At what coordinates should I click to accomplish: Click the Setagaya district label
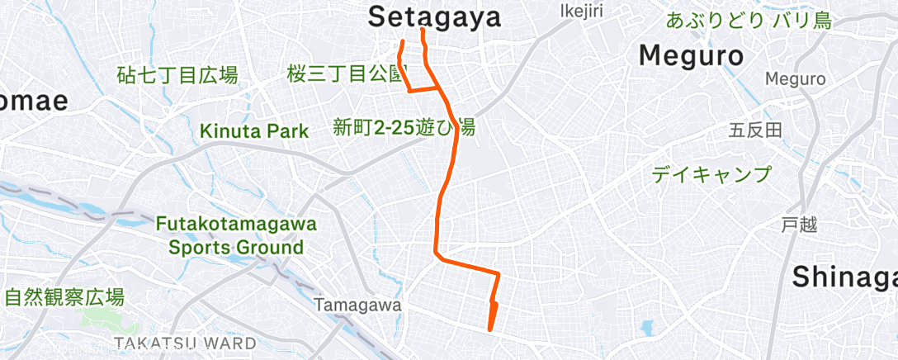pyautogui.click(x=434, y=16)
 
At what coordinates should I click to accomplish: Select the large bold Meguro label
pyautogui.click(x=692, y=56)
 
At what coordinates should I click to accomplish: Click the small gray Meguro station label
pyautogui.click(x=795, y=79)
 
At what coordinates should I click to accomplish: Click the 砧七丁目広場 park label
pyautogui.click(x=177, y=77)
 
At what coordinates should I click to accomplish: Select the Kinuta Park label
pyautogui.click(x=254, y=130)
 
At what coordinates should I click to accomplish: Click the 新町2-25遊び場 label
pyautogui.click(x=404, y=128)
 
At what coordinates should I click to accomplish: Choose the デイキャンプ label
pyautogui.click(x=711, y=174)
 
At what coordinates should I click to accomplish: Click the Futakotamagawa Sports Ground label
pyautogui.click(x=236, y=235)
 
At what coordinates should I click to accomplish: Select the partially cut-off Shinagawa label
pyautogui.click(x=844, y=278)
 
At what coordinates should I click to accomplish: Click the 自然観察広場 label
pyautogui.click(x=64, y=297)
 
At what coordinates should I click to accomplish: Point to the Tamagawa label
pyautogui.click(x=357, y=306)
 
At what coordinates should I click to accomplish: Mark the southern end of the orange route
pyautogui.click(x=492, y=329)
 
